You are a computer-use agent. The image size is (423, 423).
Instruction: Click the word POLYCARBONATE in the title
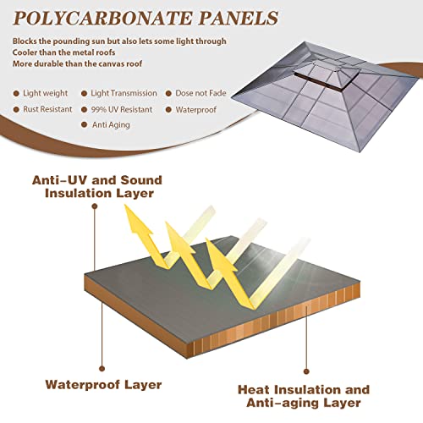[x=103, y=19]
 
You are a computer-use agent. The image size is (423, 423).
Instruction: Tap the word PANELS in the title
[x=239, y=19]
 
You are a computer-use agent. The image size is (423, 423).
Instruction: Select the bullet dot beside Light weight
[x=16, y=93]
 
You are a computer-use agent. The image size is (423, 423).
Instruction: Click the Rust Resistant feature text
[x=47, y=109]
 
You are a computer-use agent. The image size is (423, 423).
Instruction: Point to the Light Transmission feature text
[x=124, y=93]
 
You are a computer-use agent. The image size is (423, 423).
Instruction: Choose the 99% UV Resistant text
[x=122, y=109]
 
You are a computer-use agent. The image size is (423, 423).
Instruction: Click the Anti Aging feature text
[x=111, y=125]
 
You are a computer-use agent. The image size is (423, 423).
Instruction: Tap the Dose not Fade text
[x=201, y=93]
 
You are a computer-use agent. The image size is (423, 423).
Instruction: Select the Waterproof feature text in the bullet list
[x=196, y=109]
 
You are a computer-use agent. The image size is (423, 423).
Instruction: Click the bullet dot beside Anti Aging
[x=84, y=124]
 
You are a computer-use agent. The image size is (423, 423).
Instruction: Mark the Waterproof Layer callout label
[x=103, y=385]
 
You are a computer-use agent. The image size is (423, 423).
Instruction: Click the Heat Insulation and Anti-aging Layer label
[x=304, y=396]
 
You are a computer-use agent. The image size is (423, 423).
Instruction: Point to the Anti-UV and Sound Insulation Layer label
[x=97, y=187]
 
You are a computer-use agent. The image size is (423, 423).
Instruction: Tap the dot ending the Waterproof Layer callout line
[x=102, y=369]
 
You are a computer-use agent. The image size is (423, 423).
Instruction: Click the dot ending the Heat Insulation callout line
[x=306, y=371]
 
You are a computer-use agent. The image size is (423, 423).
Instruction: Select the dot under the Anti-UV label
[x=95, y=206]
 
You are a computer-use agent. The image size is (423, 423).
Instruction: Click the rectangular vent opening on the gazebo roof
[x=324, y=81]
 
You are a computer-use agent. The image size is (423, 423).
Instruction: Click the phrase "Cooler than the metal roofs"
[x=64, y=52]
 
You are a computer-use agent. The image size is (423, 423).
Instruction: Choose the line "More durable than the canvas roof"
[x=77, y=63]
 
